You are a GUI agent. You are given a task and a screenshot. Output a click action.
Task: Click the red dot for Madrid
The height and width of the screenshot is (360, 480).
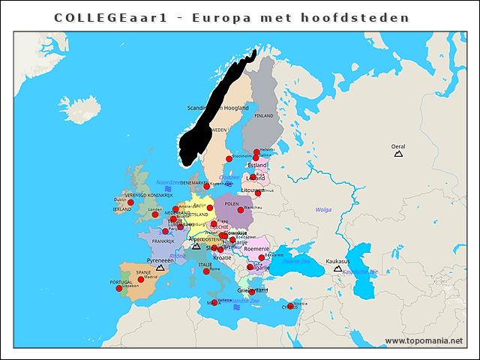pyautogui.click(x=141, y=280)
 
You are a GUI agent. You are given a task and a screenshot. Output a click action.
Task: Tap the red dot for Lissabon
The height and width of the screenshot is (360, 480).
pyautogui.click(x=118, y=288)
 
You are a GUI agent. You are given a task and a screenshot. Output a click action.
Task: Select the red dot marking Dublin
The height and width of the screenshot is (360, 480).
pyautogui.click(x=130, y=202)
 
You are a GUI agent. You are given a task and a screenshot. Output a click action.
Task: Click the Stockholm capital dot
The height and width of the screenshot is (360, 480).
pyautogui.click(x=229, y=159)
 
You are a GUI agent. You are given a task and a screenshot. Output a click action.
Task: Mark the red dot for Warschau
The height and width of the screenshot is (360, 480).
pyautogui.click(x=241, y=210)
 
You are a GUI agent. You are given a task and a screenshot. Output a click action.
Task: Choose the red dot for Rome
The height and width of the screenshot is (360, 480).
pyautogui.click(x=206, y=271)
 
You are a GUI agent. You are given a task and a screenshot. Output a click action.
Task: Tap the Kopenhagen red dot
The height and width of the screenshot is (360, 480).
pyautogui.click(x=207, y=187)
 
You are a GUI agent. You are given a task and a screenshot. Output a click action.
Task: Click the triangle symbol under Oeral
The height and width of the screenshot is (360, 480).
pyautogui.click(x=398, y=154)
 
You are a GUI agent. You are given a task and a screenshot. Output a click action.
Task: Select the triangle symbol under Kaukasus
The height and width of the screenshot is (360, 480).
pyautogui.click(x=337, y=268)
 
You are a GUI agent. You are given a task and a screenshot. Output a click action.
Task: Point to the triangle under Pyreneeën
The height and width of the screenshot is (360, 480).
pyautogui.click(x=160, y=267)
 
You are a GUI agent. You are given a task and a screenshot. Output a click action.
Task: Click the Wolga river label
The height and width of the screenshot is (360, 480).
pyautogui.click(x=323, y=210)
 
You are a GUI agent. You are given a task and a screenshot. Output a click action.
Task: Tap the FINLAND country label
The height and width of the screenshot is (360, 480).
pyautogui.click(x=264, y=116)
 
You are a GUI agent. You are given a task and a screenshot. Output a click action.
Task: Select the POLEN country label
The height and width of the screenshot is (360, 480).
pyautogui.click(x=231, y=203)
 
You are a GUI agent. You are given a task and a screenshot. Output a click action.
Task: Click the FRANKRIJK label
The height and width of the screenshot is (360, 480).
pyautogui.click(x=163, y=241)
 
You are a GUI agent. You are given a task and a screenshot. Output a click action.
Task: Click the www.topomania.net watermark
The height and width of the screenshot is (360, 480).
pyautogui.click(x=424, y=341)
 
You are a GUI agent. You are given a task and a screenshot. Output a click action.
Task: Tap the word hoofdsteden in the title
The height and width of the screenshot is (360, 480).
pyautogui.click(x=368, y=16)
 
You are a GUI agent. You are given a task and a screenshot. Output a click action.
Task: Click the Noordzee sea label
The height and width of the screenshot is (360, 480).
pyautogui.click(x=168, y=182)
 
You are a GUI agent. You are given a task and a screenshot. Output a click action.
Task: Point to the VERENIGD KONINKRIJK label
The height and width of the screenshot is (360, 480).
pyautogui.click(x=148, y=195)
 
